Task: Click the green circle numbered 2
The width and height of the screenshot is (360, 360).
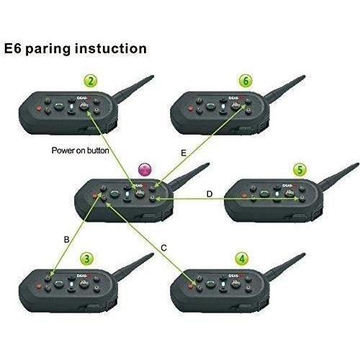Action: tap(91, 81)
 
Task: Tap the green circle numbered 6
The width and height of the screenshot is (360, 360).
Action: tap(246, 81)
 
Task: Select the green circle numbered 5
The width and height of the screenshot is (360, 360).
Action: tap(300, 170)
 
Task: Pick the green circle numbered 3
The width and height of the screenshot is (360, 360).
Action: tap(87, 259)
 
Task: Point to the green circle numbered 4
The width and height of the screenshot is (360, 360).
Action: tap(242, 259)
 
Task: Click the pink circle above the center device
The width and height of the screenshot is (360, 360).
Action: tap(145, 170)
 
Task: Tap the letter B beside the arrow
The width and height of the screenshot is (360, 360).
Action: tap(66, 240)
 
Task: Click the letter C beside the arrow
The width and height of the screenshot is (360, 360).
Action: tap(163, 248)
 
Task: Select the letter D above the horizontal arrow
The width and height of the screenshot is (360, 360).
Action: tap(210, 194)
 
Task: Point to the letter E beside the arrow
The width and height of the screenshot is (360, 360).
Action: tap(184, 153)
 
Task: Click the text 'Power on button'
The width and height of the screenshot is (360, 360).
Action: tap(81, 150)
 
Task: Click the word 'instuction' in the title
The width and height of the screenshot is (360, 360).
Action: tap(111, 48)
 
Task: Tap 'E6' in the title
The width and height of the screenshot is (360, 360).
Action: tap(13, 48)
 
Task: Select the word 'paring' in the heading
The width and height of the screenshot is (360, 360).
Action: tap(48, 50)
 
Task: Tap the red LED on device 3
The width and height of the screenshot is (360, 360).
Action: tap(38, 286)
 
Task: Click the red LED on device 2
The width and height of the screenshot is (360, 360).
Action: tap(38, 109)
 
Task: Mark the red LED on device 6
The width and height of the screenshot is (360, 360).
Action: tap(191, 109)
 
